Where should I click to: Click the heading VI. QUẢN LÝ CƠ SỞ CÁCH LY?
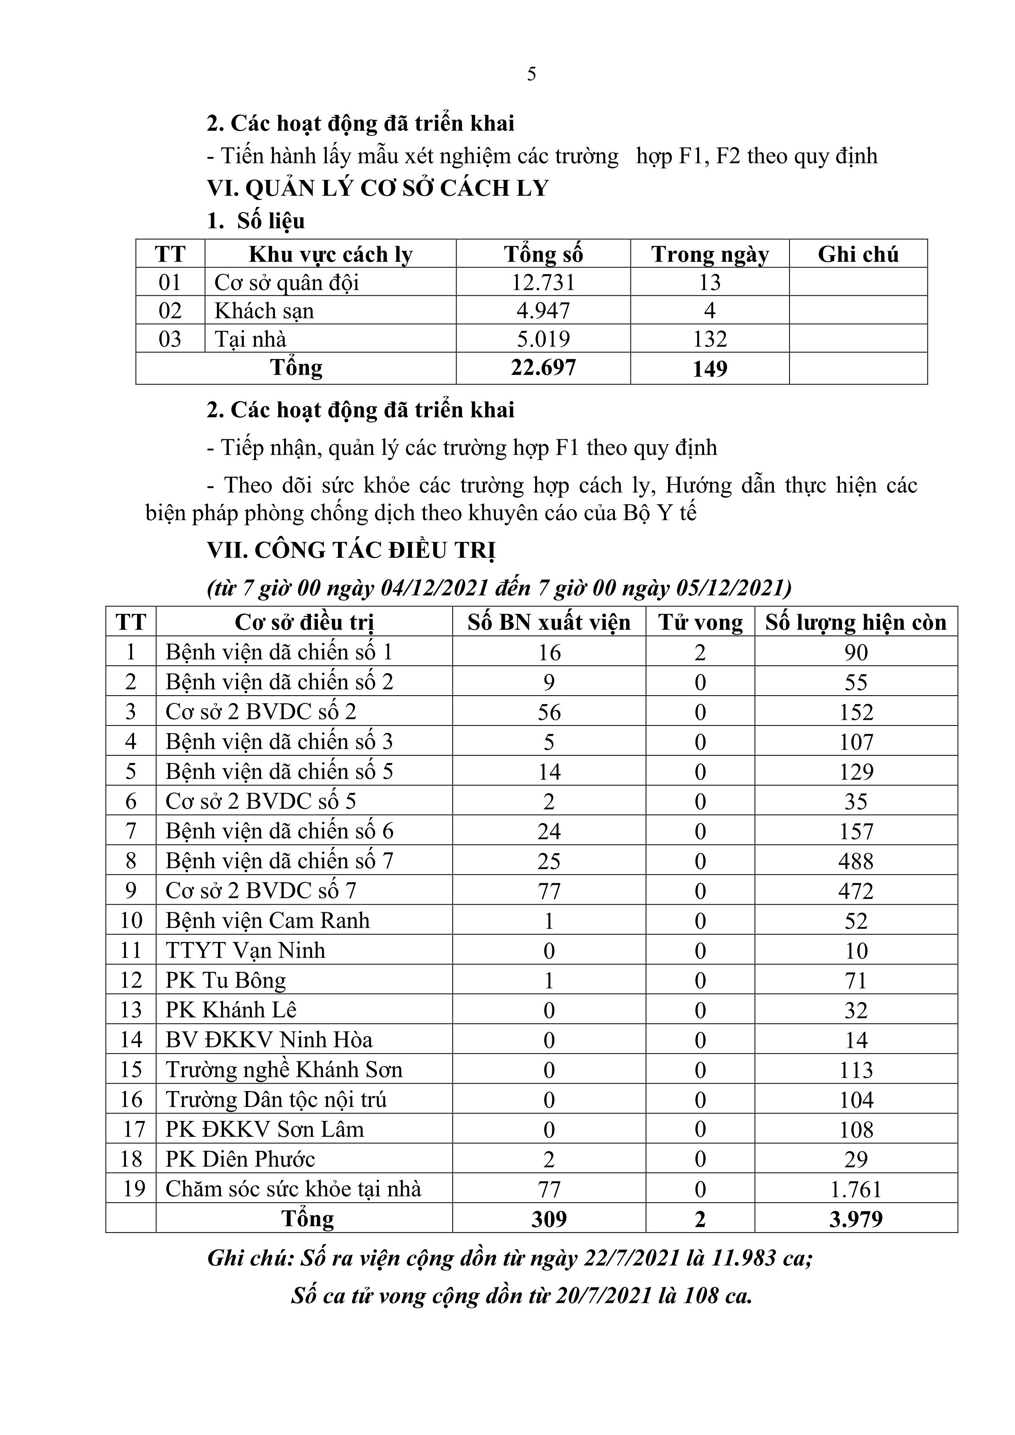pos(378,188)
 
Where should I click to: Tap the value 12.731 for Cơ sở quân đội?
pos(543,283)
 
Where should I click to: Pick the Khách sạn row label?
pos(264,311)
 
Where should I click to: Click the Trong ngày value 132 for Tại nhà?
pos(710,339)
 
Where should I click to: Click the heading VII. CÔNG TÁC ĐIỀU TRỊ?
pos(351,550)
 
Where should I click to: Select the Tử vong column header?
pos(700,622)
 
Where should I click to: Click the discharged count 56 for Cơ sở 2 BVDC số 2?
pos(549,712)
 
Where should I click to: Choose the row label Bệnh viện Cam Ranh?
pos(268,921)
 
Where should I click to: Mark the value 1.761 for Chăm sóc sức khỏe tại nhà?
pos(855,1189)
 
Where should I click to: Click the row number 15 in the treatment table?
pos(131,1070)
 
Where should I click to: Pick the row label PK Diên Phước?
pos(240,1159)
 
